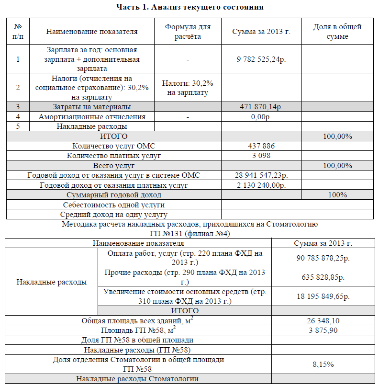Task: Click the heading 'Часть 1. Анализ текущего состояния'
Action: tap(190, 7)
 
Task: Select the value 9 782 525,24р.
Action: tap(261, 59)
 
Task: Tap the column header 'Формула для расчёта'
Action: tap(187, 32)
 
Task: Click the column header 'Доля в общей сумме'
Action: tap(337, 32)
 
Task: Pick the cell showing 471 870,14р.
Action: tap(261, 107)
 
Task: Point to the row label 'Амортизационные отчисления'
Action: tap(92, 116)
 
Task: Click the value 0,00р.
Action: tap(261, 116)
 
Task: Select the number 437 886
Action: tap(261, 146)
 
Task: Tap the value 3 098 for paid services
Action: tap(261, 156)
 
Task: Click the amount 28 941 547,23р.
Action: tap(261, 175)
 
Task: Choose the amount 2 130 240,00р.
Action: tap(261, 185)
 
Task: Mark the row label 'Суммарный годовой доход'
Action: tap(113, 195)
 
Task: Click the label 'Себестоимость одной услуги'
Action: tap(113, 205)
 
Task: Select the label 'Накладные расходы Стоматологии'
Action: tap(137, 379)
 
